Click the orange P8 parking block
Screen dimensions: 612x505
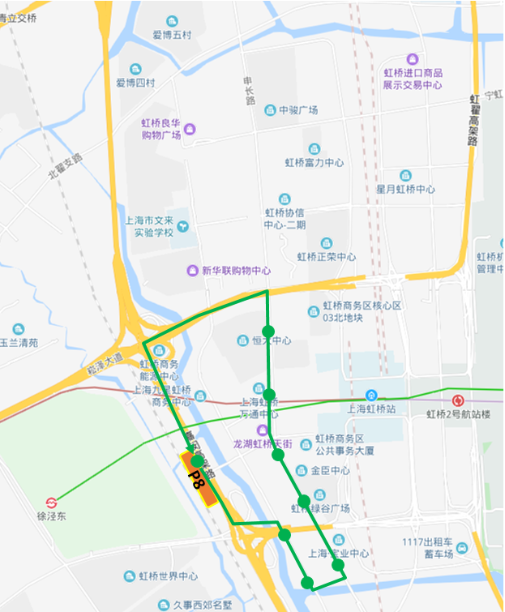pyautogui.click(x=199, y=479)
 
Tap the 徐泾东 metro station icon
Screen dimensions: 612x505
pyautogui.click(x=51, y=503)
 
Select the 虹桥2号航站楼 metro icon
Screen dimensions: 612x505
pyautogui.click(x=458, y=400)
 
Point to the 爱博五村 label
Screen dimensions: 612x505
pyautogui.click(x=172, y=35)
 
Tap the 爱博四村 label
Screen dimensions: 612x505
pyautogui.click(x=135, y=83)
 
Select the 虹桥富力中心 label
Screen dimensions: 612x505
pyautogui.click(x=314, y=162)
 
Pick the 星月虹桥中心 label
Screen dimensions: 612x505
pyautogui.click(x=405, y=189)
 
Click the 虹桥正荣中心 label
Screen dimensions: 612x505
pyautogui.click(x=326, y=257)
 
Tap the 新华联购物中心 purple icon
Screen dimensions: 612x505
pyautogui.click(x=193, y=270)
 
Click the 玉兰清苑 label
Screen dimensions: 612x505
pyautogui.click(x=19, y=342)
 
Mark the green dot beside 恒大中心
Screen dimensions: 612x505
pyautogui.click(x=269, y=332)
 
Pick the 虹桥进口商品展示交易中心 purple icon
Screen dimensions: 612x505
pyautogui.click(x=413, y=60)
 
